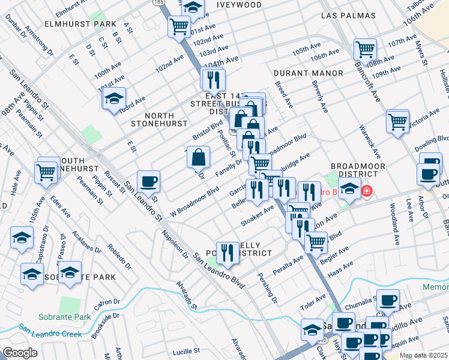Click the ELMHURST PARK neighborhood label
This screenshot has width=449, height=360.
(80, 25)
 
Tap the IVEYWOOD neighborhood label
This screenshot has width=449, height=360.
(238, 5)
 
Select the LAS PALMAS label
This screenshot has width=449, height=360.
(348, 16)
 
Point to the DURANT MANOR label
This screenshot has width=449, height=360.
(308, 73)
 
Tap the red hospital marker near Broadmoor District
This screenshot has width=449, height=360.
(366, 192)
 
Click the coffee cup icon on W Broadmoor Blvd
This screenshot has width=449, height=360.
(148, 181)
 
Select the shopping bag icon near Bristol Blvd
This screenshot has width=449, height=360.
(198, 158)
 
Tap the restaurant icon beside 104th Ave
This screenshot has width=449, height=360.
(212, 79)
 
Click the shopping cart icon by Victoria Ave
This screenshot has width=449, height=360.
(397, 121)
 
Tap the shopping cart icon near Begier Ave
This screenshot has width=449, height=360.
(315, 242)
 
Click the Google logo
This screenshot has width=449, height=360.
(20, 353)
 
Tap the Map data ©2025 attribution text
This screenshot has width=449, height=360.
(423, 355)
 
